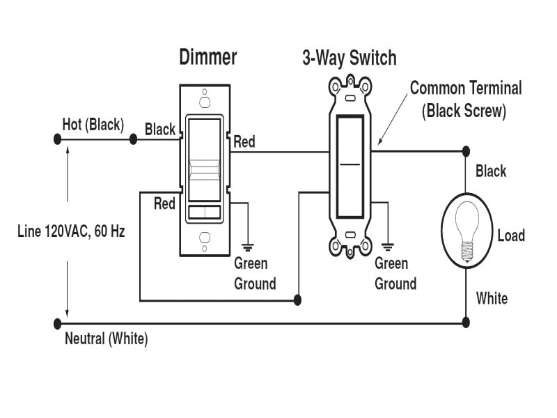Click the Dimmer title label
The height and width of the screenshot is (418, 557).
[207, 57]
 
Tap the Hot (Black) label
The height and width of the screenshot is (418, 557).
[93, 125]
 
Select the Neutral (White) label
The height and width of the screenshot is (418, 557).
[106, 339]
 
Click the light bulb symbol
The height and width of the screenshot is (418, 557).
[466, 230]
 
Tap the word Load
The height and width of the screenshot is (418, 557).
[510, 235]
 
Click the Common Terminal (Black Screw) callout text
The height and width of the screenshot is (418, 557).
[465, 99]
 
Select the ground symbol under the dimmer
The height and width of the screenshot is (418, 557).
[246, 246]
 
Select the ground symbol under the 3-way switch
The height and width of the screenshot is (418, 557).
[387, 246]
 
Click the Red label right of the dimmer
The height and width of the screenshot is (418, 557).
[244, 142]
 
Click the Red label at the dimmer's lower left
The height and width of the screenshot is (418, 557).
[164, 203]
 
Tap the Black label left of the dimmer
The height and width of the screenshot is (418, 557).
[160, 130]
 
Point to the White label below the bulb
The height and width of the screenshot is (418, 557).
[492, 299]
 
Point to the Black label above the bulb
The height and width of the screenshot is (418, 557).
[491, 171]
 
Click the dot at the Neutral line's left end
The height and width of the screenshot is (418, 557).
[57, 323]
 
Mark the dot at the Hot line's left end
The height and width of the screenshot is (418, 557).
[57, 139]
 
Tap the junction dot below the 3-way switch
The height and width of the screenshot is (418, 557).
[298, 300]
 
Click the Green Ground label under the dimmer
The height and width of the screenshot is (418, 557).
[255, 274]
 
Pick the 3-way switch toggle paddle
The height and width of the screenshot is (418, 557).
[350, 167]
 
